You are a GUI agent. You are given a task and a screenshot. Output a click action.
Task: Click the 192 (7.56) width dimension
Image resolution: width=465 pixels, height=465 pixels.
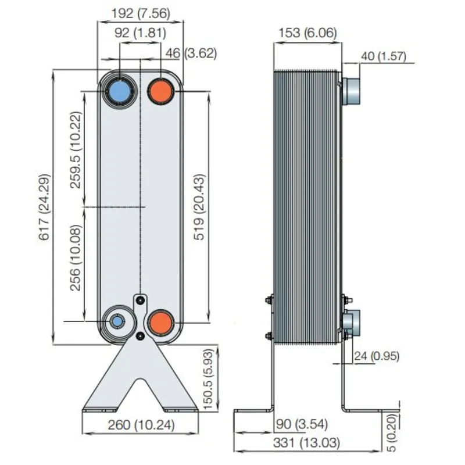pos(141,13)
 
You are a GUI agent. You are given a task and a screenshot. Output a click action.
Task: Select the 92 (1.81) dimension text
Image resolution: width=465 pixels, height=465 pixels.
pos(140,33)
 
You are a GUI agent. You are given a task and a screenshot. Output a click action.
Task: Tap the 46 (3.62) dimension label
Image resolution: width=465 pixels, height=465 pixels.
pos(191,53)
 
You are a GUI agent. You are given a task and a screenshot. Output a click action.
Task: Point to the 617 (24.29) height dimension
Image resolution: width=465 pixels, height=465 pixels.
pos(45,207)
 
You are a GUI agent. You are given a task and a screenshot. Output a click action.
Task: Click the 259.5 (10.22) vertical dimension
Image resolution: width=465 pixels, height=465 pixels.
pos(76,150)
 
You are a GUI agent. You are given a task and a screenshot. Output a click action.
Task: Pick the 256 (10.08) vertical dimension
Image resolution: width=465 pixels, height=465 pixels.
pos(76,257)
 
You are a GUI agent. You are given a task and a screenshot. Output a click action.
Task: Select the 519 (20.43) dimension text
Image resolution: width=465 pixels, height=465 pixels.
pos(199,207)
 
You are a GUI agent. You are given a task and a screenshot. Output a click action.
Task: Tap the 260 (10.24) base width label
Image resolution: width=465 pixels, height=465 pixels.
pos(141,425)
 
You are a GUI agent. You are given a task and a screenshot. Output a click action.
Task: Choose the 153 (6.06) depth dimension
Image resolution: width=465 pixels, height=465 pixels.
pos(308,33)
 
